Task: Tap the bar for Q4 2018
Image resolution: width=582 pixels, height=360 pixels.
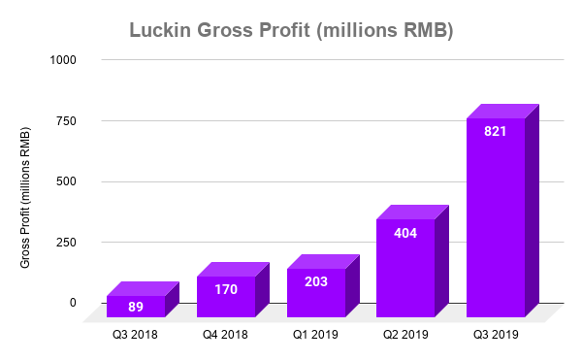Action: coord(226,296)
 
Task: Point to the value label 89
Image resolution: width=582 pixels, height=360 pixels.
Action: coord(136,307)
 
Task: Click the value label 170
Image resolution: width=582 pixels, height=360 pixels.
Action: coord(226,288)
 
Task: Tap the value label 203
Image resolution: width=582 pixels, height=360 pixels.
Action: coord(316,281)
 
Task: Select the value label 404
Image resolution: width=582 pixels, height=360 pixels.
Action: coord(405,233)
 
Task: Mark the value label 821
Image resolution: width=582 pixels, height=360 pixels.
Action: coord(496,132)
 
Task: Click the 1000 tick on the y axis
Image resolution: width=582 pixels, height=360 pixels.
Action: coord(63,60)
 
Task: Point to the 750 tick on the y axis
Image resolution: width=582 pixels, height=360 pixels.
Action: coord(66,120)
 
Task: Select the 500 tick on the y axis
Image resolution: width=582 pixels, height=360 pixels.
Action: coord(66,181)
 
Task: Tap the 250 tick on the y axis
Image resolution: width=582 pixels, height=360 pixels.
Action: coord(66,242)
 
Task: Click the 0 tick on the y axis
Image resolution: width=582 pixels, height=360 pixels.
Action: coord(73,302)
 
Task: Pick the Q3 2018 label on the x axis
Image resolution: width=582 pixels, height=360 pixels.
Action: coord(136,335)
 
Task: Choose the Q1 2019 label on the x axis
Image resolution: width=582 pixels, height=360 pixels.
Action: coord(316,335)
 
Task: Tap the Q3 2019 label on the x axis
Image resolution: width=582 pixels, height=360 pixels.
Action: coord(496,335)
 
